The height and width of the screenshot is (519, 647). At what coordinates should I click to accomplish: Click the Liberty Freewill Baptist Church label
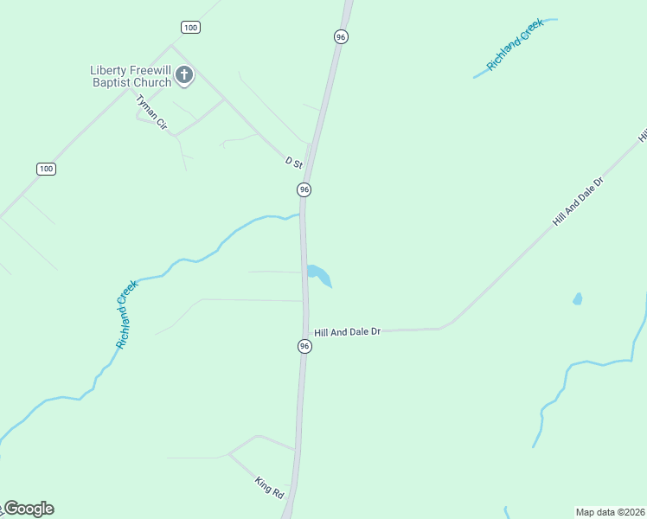131,76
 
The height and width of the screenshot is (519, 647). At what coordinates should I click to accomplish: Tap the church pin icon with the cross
184,75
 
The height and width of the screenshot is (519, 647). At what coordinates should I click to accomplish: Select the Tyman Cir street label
151,112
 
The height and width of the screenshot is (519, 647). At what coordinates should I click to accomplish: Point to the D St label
294,162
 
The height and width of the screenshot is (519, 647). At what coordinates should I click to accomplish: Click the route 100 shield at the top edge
191,28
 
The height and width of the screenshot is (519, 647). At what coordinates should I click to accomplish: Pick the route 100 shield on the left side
47,169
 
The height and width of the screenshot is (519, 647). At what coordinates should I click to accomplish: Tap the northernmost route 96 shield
341,36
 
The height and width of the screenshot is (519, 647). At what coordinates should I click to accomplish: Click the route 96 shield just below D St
304,189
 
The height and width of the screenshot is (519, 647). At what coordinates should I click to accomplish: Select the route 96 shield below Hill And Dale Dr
304,346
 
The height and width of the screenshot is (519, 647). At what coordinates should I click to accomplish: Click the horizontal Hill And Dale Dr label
348,331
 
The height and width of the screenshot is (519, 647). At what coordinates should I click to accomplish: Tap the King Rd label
270,486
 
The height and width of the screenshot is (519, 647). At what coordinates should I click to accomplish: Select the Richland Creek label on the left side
127,313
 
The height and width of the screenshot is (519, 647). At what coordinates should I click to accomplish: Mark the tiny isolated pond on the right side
577,299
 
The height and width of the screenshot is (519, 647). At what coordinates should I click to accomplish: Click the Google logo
29,509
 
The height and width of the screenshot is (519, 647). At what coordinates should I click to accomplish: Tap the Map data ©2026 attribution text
610,512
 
